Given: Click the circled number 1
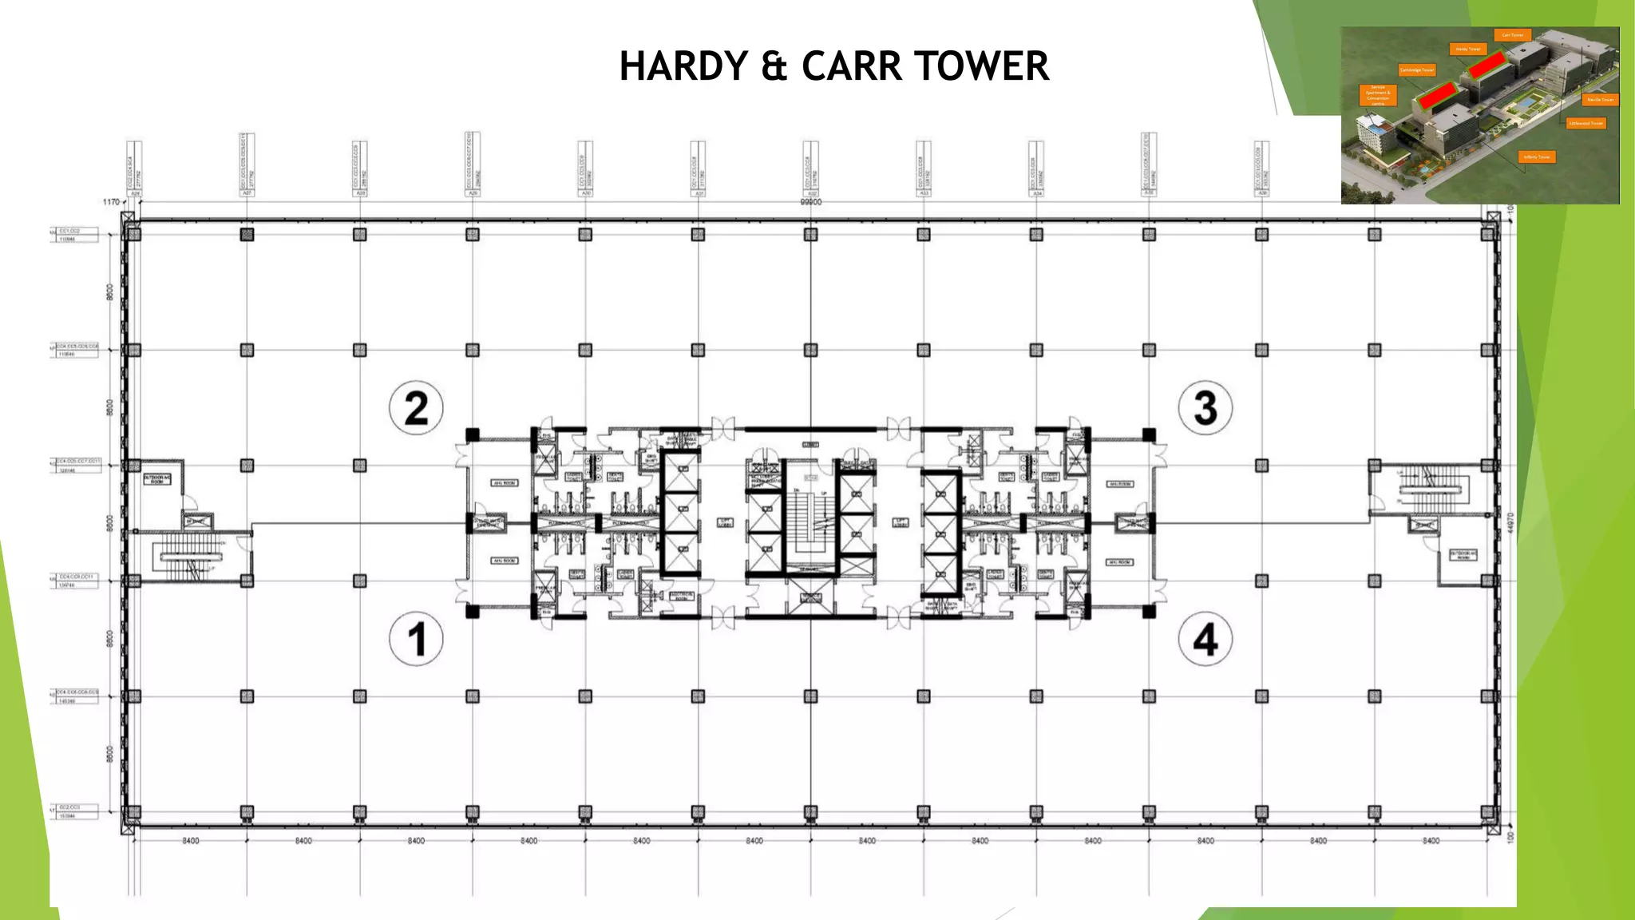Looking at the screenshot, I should coord(416,639).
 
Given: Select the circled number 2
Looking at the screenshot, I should coord(416,407).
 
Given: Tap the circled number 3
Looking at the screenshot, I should coord(1205,407).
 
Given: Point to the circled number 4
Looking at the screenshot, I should coord(1205,639).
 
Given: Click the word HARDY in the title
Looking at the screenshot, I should coord(683,65).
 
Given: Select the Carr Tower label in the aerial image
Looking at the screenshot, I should coord(1512,35).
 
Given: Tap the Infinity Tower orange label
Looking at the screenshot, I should coord(1537,157).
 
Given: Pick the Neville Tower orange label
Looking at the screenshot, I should coord(1600,100).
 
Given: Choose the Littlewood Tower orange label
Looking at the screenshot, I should coord(1586,123).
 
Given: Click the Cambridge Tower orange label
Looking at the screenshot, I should coord(1417,70).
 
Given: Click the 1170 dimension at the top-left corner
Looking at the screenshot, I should coord(111,202).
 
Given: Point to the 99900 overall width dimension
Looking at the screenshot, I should coord(810,203).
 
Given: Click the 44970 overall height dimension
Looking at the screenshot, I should coord(1510,523).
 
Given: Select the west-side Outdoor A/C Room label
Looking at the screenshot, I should coord(157,479).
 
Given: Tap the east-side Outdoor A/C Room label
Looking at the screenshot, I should coord(1463,554).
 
